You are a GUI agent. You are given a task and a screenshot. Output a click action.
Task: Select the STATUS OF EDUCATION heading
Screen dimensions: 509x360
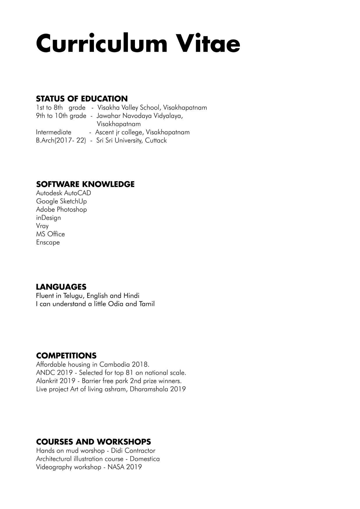pyautogui.click(x=82, y=99)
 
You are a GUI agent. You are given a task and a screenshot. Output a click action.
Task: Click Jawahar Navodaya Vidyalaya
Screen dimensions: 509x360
pyautogui.click(x=140, y=116)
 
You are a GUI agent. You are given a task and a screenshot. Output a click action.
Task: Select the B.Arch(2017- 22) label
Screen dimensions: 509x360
pyautogui.click(x=61, y=140)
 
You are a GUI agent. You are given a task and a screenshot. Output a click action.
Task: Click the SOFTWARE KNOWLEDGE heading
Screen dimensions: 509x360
pyautogui.click(x=85, y=184)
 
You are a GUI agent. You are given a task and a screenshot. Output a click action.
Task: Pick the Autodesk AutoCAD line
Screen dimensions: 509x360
pyautogui.click(x=63, y=193)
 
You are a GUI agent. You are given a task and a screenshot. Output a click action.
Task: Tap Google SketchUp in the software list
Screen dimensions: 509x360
pyautogui.click(x=61, y=201)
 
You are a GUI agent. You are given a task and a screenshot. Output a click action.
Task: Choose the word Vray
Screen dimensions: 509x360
pyautogui.click(x=42, y=226)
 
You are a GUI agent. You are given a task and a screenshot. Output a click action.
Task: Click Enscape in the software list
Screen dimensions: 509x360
pyautogui.click(x=48, y=242)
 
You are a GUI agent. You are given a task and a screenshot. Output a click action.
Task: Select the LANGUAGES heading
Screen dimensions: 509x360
pyautogui.click(x=61, y=287)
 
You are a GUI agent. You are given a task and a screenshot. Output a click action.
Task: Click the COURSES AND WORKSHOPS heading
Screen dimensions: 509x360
pyautogui.click(x=93, y=442)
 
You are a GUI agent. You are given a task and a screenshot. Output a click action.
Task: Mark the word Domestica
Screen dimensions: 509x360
pyautogui.click(x=145, y=459)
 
